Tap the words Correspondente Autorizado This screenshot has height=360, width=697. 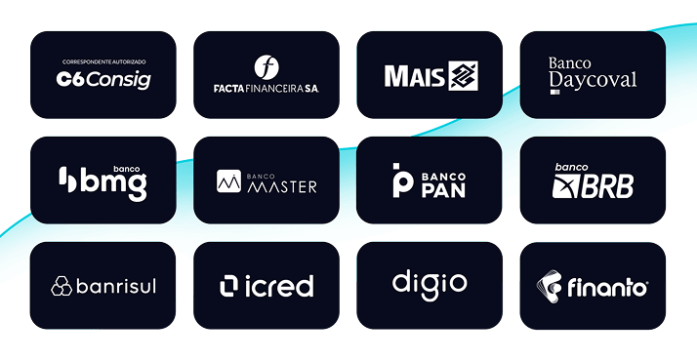coord(103,60)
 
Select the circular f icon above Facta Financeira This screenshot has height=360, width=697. coord(266,66)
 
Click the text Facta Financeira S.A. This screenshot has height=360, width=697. coord(266,88)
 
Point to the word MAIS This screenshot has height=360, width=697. coord(414,76)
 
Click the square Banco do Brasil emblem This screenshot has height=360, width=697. coord(462,76)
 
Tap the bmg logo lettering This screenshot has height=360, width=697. coord(112,182)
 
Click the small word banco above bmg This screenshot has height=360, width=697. coord(128,167)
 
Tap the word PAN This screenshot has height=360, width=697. coord(443,189)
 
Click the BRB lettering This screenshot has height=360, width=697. coord(610,185)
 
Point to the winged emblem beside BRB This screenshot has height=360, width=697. coord(567,185)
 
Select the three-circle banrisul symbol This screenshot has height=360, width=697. coord(61,286)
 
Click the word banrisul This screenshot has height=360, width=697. coord(115,286)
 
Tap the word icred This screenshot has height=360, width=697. coord(278,286)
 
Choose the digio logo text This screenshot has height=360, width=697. coord(430,284)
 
